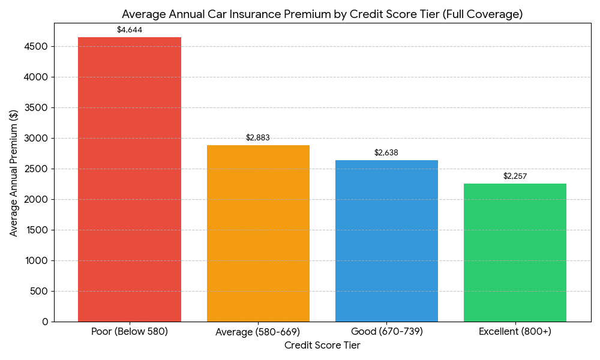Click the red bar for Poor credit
pyautogui.click(x=130, y=179)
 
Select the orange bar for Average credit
pyautogui.click(x=258, y=233)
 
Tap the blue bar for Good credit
pyautogui.click(x=386, y=241)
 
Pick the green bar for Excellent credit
pyautogui.click(x=515, y=253)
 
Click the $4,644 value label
pyautogui.click(x=130, y=29)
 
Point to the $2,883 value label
pyautogui.click(x=258, y=137)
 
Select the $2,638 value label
pyautogui.click(x=386, y=152)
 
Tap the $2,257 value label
pyautogui.click(x=515, y=176)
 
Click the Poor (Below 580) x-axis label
pyautogui.click(x=130, y=331)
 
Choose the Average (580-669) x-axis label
pyautogui.click(x=258, y=331)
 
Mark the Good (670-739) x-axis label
pyautogui.click(x=386, y=331)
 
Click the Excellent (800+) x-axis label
pyautogui.click(x=515, y=331)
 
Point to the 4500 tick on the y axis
pyautogui.click(x=37, y=47)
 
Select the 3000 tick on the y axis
pyautogui.click(x=37, y=139)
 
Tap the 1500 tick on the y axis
pyautogui.click(x=37, y=230)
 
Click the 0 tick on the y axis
pyautogui.click(x=45, y=322)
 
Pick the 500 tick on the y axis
pyautogui.click(x=40, y=292)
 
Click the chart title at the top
pyautogui.click(x=322, y=14)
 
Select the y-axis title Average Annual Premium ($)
pyautogui.click(x=14, y=173)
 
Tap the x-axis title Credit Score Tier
pyautogui.click(x=322, y=346)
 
